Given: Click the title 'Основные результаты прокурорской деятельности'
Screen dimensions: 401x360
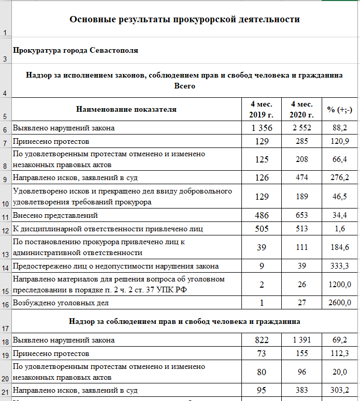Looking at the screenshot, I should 184,20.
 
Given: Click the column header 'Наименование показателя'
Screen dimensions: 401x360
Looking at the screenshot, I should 126,109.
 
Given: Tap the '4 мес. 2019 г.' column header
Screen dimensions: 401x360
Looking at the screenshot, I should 262,109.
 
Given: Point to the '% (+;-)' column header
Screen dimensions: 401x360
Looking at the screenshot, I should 339,109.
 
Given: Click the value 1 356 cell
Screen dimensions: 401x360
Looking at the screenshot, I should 262,128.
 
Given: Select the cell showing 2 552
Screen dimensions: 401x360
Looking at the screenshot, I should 302,128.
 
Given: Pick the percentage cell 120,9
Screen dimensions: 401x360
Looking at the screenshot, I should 339,141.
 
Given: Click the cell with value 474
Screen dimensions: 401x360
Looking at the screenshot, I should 302,177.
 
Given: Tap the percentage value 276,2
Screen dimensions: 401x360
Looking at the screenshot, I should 339,177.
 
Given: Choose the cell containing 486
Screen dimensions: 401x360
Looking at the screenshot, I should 262,215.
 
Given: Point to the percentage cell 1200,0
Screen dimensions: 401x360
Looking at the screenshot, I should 339,284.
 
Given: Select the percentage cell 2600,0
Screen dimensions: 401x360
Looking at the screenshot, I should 339,303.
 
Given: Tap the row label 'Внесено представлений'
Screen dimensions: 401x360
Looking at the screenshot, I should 55,215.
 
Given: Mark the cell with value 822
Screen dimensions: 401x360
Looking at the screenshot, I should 262,340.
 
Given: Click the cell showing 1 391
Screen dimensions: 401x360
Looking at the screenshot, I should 302,340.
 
